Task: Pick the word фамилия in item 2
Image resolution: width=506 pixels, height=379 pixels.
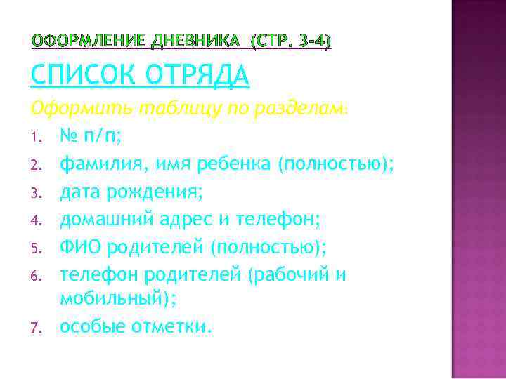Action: [x=97, y=164]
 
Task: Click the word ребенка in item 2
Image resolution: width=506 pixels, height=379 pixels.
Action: [x=233, y=164]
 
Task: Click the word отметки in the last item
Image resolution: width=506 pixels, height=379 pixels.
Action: [x=170, y=326]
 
